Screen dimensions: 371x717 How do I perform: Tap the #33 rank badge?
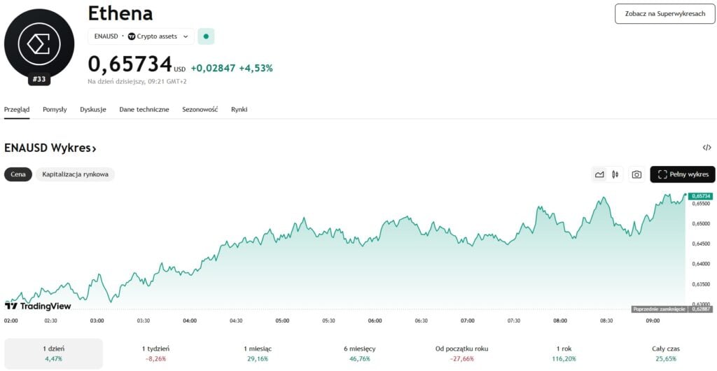(x=39, y=79)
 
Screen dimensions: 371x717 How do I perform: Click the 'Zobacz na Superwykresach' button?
(x=664, y=13)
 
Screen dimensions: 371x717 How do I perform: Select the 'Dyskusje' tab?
(x=93, y=109)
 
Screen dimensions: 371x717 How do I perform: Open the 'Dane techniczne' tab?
(x=144, y=109)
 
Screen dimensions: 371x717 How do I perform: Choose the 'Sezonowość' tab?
(x=200, y=109)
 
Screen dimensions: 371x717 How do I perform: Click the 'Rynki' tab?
(x=239, y=109)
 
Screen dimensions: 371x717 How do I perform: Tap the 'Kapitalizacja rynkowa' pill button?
(x=75, y=174)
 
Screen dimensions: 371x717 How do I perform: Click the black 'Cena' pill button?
(x=18, y=174)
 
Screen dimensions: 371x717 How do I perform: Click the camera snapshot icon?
(x=636, y=174)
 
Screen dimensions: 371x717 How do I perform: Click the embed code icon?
(x=706, y=148)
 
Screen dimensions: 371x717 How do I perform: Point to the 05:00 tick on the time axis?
(x=282, y=321)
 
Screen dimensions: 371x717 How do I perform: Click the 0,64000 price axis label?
(x=701, y=264)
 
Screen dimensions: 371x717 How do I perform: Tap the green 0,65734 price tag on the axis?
(x=701, y=196)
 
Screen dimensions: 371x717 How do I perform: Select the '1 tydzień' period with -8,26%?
(x=155, y=353)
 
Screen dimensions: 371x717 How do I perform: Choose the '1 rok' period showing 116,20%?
(x=564, y=353)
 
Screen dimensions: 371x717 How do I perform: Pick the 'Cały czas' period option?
(x=665, y=353)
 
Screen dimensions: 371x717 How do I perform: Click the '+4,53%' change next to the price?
(x=256, y=68)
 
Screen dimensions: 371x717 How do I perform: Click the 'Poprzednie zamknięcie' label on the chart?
(x=659, y=309)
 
